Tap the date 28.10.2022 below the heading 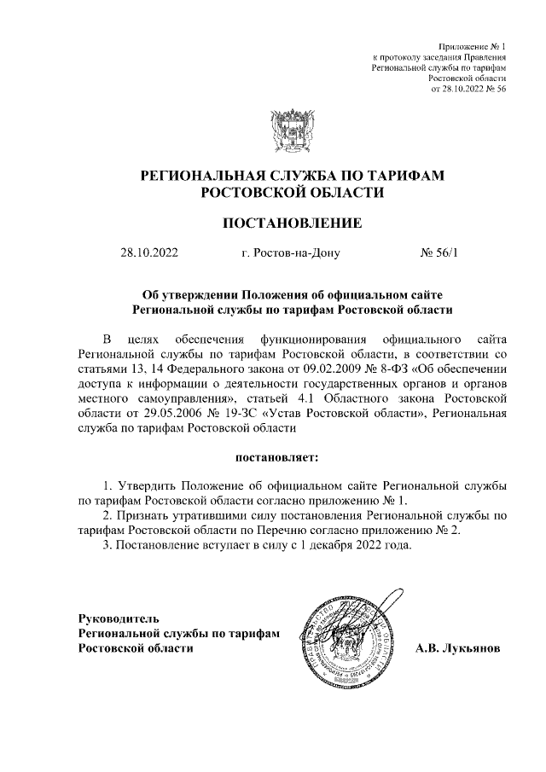click(150, 253)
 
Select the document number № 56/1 click(440, 253)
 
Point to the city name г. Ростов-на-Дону click(291, 253)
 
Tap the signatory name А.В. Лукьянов click(457, 648)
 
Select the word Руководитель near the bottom click(118, 618)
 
